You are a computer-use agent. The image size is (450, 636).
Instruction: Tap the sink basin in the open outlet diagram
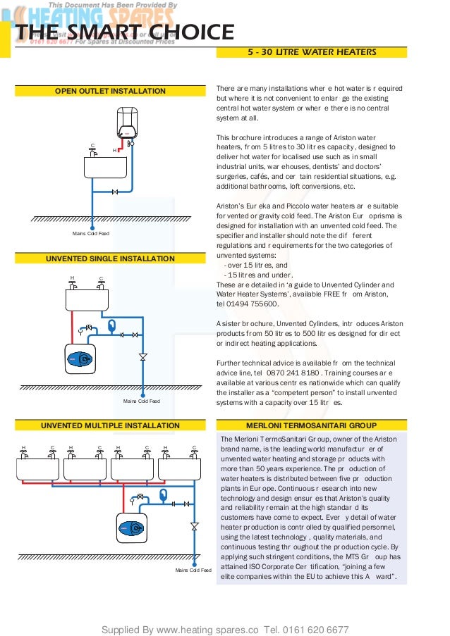(x=104, y=166)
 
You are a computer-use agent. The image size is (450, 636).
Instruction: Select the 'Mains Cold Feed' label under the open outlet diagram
(x=91, y=233)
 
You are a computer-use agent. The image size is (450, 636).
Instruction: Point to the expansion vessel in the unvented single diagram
(x=111, y=325)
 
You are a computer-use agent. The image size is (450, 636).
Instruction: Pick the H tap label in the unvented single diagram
(x=72, y=278)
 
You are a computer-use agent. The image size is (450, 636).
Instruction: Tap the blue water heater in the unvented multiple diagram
(x=130, y=527)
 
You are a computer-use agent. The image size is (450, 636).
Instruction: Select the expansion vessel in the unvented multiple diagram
(x=164, y=494)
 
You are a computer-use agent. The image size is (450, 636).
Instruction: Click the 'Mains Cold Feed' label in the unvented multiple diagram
(x=193, y=570)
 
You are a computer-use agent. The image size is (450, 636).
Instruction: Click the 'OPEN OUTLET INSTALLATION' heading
(x=110, y=91)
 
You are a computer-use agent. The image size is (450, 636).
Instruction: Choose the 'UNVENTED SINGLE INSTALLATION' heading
(x=110, y=258)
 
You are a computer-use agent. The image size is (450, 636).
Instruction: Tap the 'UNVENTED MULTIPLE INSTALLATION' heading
(x=110, y=425)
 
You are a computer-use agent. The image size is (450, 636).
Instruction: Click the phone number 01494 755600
(x=252, y=304)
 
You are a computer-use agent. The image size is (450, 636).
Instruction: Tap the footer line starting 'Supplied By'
(x=225, y=629)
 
